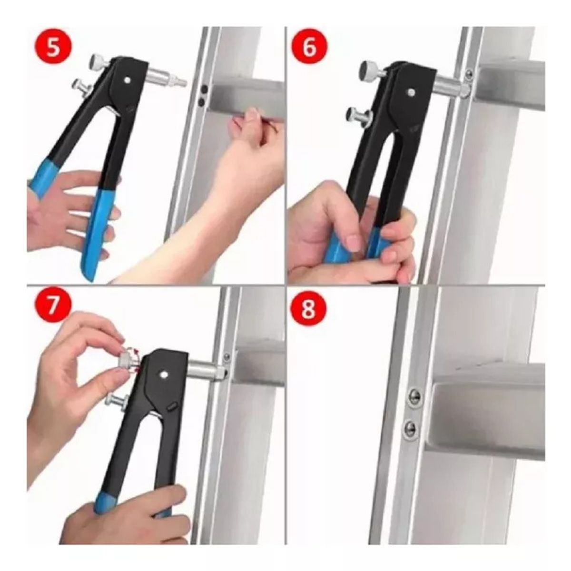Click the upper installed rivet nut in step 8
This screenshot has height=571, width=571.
tap(414, 396)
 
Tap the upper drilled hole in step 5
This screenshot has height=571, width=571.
tap(204, 89)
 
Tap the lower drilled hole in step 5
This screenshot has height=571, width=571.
tap(201, 102)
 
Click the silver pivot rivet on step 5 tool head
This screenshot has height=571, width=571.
tap(128, 80)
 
